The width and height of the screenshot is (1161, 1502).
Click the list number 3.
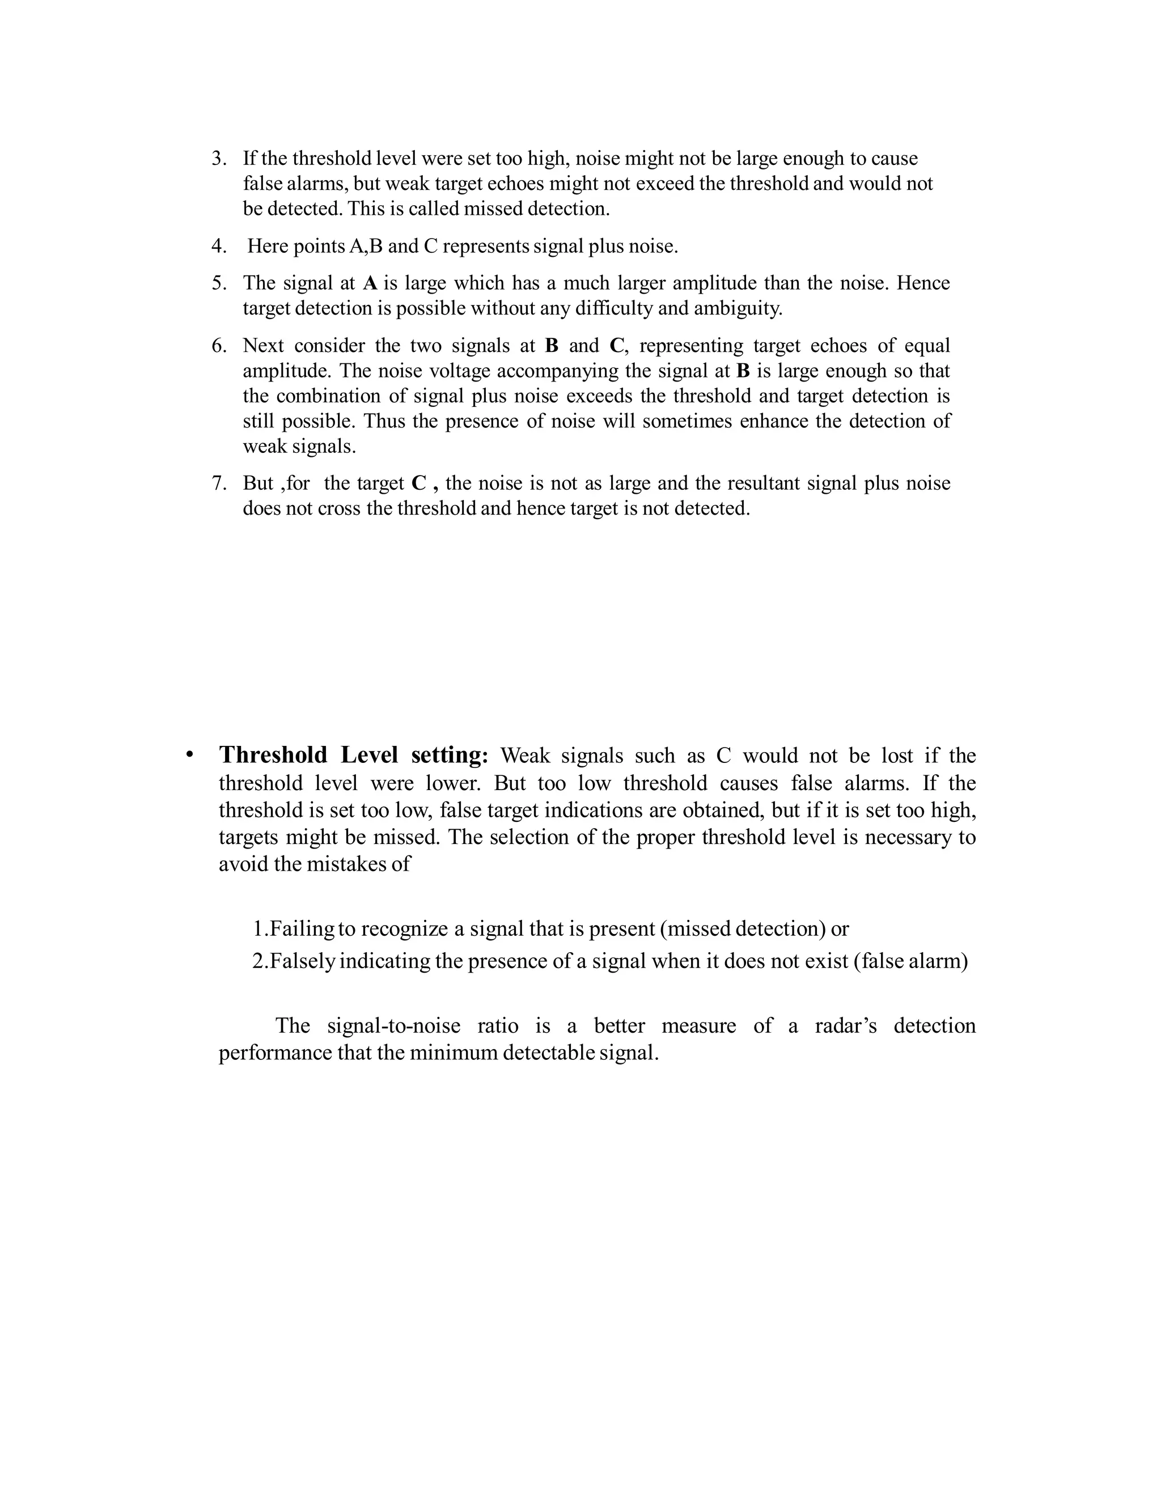(x=218, y=159)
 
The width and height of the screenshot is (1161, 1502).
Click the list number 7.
(x=218, y=483)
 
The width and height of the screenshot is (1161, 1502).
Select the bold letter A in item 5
(x=370, y=283)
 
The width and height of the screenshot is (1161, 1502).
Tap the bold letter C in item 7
(x=419, y=483)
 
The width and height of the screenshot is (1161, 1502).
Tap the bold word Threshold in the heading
(x=273, y=755)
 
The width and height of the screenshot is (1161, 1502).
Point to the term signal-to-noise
(x=393, y=1026)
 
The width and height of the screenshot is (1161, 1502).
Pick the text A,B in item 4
(x=365, y=246)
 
